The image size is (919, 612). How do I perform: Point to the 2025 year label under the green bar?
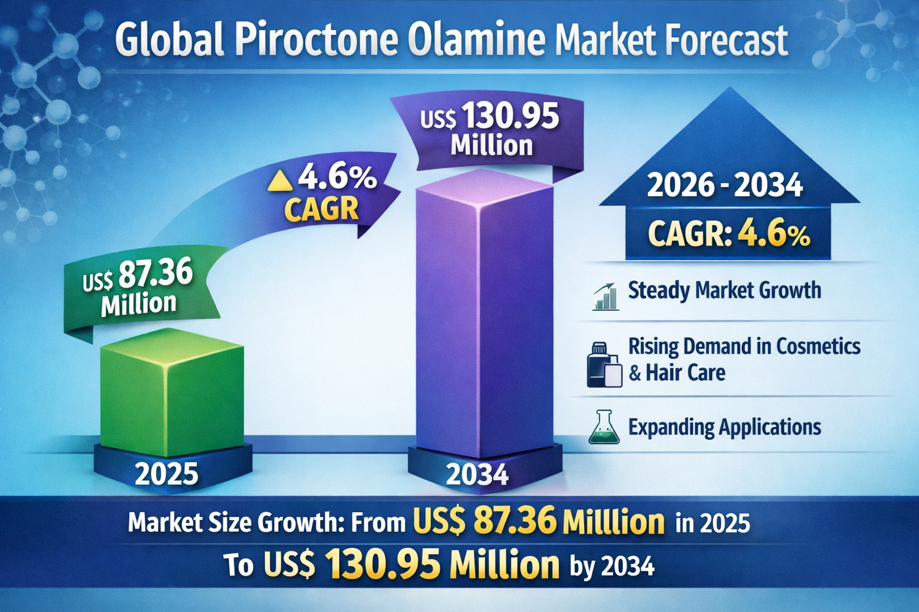pos(166,475)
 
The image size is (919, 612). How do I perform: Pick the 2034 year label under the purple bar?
pos(477,476)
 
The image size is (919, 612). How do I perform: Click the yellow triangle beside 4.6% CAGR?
pos(280,180)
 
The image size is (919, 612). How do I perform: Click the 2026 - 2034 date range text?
pos(725,185)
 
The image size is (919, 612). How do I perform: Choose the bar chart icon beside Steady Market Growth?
pos(605,296)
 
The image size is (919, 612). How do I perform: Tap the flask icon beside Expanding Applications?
pos(604,427)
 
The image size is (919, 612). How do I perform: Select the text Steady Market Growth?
pos(725,290)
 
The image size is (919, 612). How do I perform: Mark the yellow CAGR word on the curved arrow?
pos(321,209)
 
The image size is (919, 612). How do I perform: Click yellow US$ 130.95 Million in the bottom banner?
pos(411,564)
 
